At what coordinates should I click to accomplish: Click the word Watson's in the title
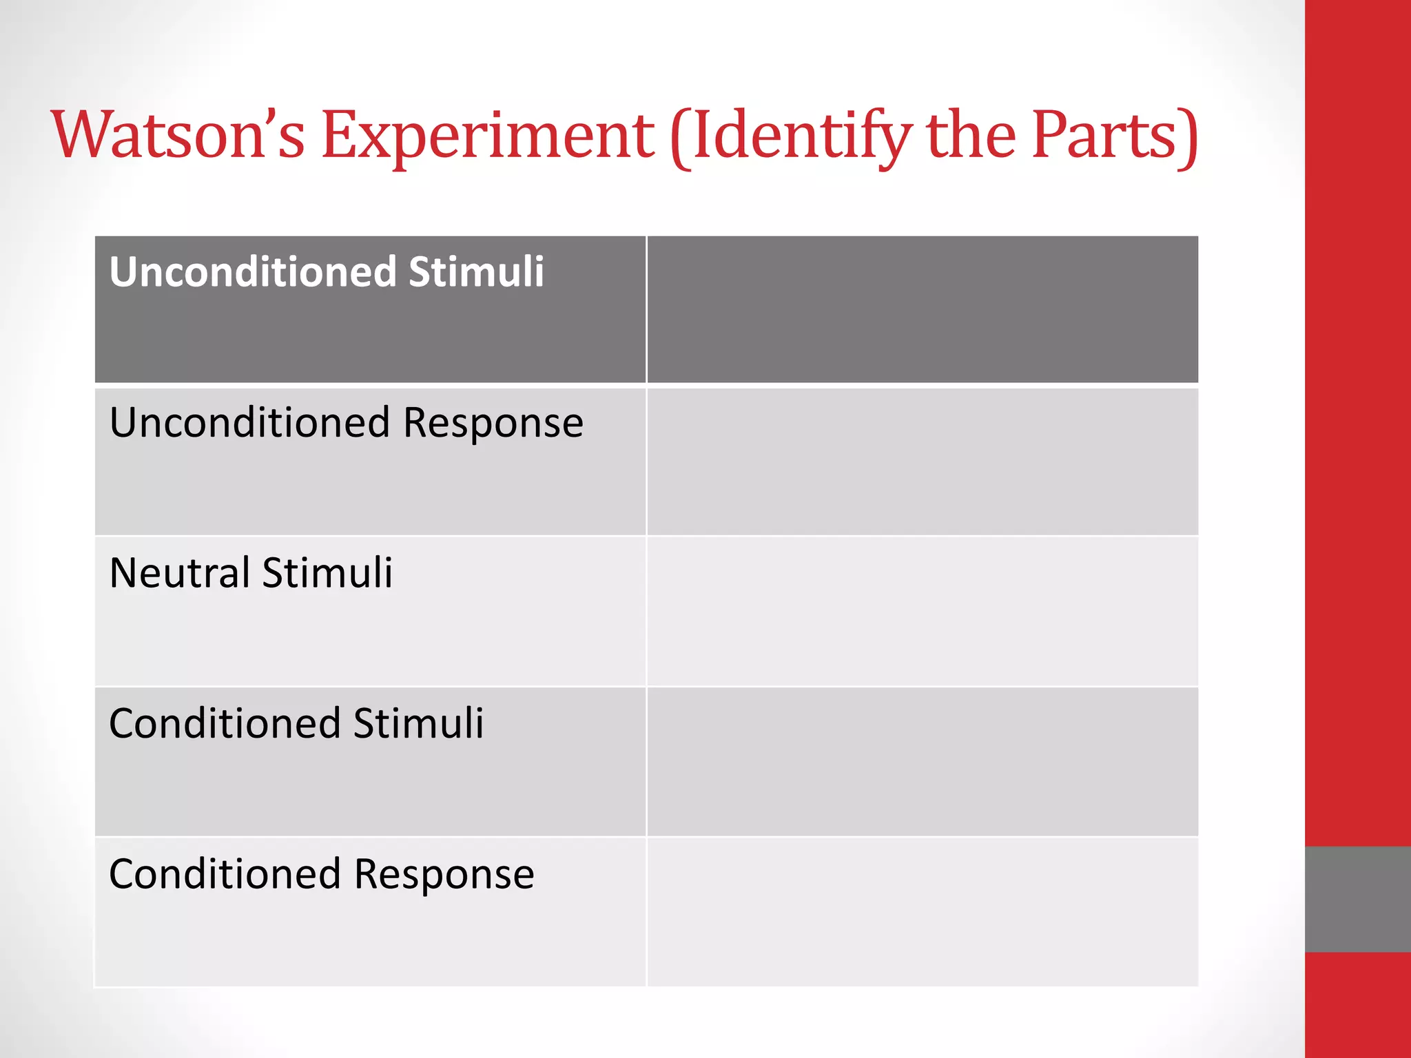tap(178, 135)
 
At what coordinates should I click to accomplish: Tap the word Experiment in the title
tap(487, 135)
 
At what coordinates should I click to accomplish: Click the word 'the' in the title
tap(971, 135)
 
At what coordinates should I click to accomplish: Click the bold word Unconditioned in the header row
tap(253, 271)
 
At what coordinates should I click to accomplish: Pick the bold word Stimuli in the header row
tap(476, 271)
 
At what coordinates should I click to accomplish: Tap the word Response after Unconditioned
tap(493, 424)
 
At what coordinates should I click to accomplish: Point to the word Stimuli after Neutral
tap(327, 572)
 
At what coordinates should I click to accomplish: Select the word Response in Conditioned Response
tap(444, 875)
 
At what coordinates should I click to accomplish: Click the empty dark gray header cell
tap(923, 309)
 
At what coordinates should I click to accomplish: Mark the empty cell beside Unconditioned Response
tap(923, 461)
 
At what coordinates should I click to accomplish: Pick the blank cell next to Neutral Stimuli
tap(923, 611)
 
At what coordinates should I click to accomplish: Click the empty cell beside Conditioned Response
tap(923, 911)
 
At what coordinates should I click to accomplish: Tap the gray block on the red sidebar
tap(1357, 899)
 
